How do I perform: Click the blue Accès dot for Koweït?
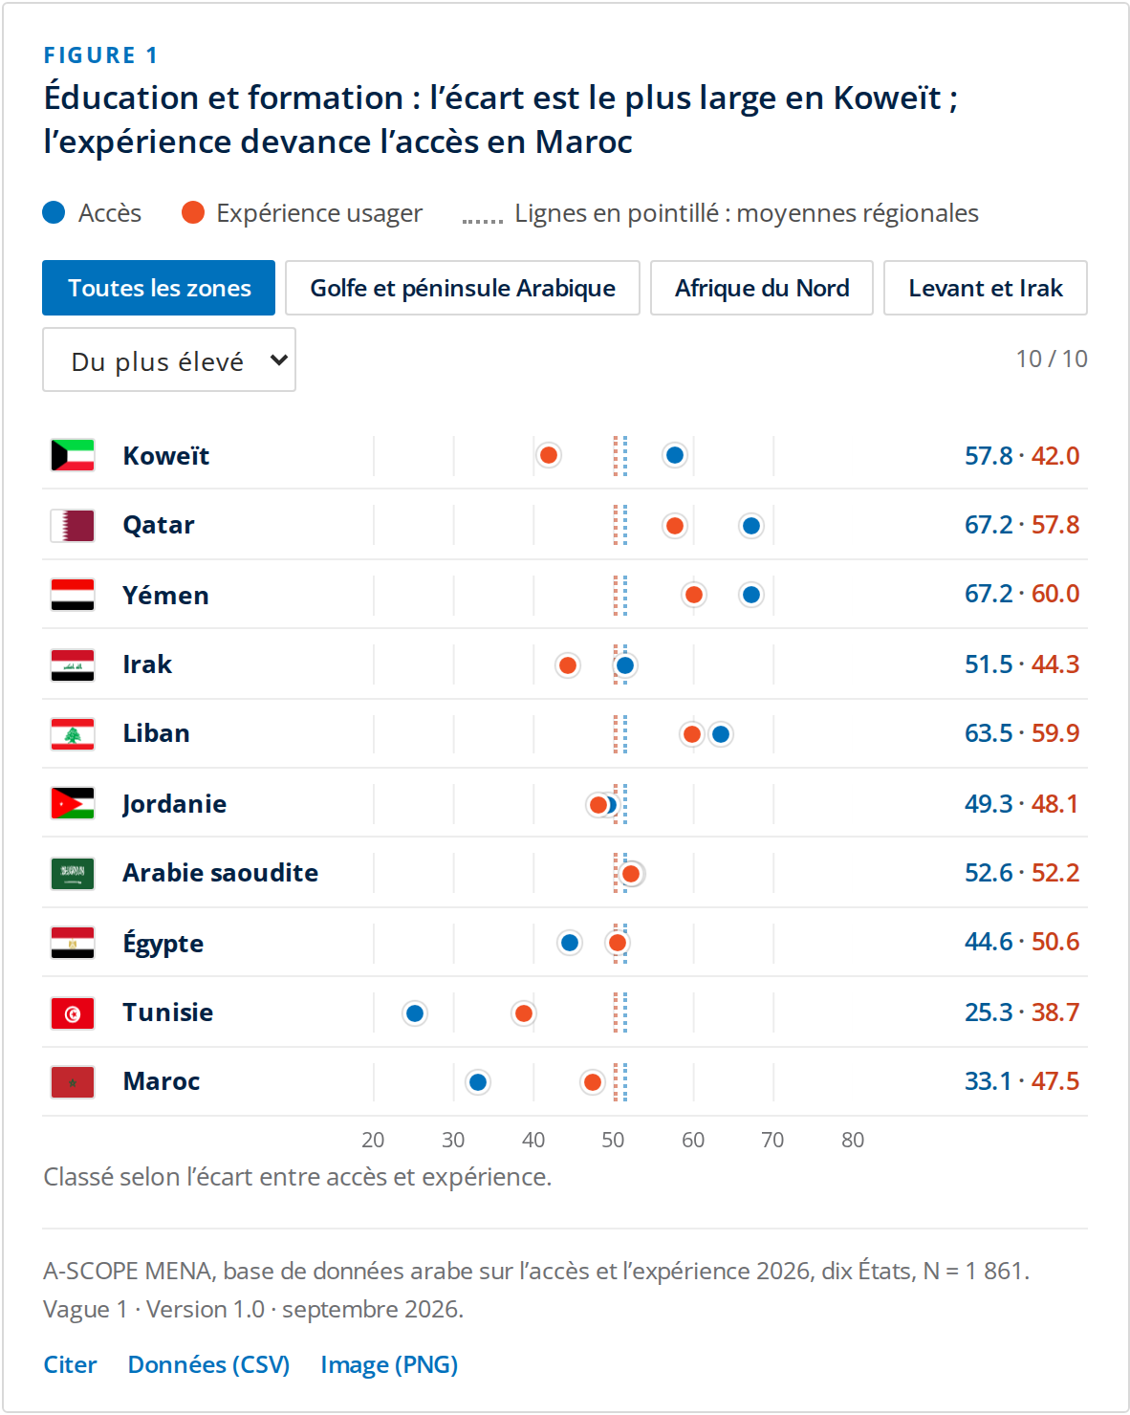674,455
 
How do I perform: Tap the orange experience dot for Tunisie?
524,1012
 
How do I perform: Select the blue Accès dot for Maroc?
478,1081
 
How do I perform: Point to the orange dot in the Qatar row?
674,525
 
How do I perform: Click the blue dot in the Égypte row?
570,943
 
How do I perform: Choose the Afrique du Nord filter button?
762,288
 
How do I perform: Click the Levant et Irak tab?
986,288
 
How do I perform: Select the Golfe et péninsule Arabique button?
463,288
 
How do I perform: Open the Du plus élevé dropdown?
169,359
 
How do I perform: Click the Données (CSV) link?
208,1364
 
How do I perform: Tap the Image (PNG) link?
389,1364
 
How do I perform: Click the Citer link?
70,1364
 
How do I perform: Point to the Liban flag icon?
73,734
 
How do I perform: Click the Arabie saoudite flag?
73,873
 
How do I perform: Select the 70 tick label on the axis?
772,1140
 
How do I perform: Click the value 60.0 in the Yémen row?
1055,594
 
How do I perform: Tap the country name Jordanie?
174,804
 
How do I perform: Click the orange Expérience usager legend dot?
193,212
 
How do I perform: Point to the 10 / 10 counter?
1051,359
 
